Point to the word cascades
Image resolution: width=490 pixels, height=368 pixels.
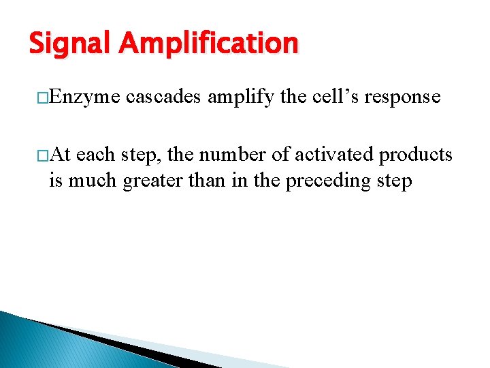point(163,97)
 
